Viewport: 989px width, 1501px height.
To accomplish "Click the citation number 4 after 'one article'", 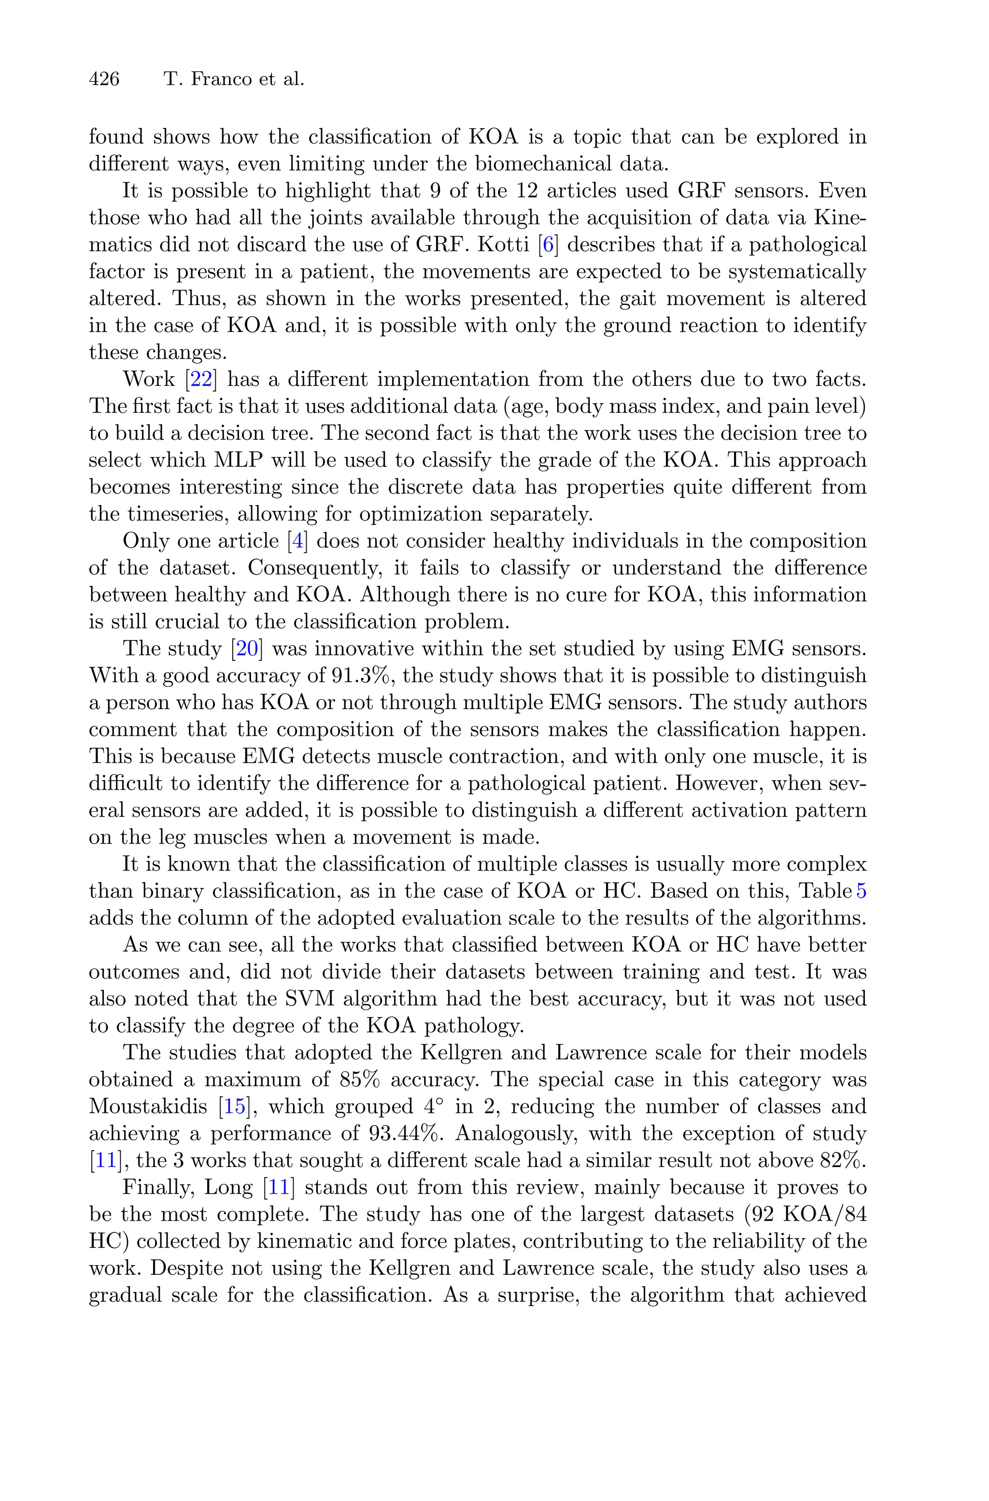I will tap(297, 541).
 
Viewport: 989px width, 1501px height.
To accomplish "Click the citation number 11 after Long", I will tap(278, 1187).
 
